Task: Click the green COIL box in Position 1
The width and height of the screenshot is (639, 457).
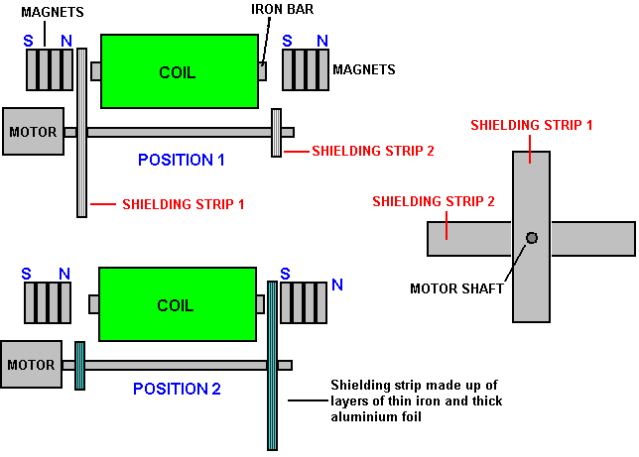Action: click(179, 71)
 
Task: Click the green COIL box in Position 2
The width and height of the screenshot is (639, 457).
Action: click(176, 304)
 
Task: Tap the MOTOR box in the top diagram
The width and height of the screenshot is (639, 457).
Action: click(34, 131)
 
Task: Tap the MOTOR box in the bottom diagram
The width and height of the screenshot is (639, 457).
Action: click(32, 364)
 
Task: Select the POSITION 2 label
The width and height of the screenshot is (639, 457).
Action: click(177, 389)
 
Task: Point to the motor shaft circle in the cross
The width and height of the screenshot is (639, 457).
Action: click(532, 238)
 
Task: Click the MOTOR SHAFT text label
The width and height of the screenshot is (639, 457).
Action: click(456, 289)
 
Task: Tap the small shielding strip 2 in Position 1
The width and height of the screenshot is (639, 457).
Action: click(276, 132)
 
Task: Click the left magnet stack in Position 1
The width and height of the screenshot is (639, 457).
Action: click(50, 69)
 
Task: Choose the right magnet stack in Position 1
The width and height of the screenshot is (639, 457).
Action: click(305, 70)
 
